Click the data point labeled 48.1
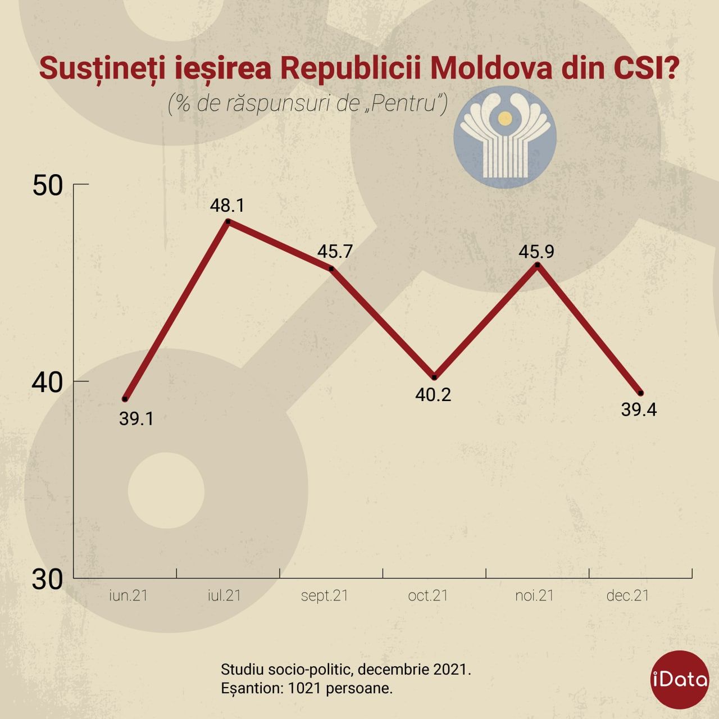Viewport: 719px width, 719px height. pyautogui.click(x=227, y=221)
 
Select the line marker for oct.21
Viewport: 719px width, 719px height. pyautogui.click(x=434, y=377)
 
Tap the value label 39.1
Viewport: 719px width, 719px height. pyautogui.click(x=136, y=418)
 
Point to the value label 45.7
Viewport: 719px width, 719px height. pyautogui.click(x=335, y=251)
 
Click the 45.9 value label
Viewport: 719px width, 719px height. pyautogui.click(x=536, y=251)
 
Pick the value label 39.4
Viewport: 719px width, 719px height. pyautogui.click(x=639, y=409)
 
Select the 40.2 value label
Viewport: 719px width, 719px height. pyautogui.click(x=433, y=395)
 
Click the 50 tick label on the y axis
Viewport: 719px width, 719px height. pyautogui.click(x=47, y=185)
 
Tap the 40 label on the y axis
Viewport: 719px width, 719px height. pyautogui.click(x=47, y=382)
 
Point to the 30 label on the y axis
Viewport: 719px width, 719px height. pyautogui.click(x=47, y=579)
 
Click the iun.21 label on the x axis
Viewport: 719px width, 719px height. pyautogui.click(x=128, y=595)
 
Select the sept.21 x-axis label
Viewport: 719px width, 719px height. pyautogui.click(x=325, y=595)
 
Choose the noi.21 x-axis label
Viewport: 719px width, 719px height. pyautogui.click(x=534, y=595)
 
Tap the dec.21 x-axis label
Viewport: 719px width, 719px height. pyautogui.click(x=627, y=595)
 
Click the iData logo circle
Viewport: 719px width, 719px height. pyautogui.click(x=680, y=679)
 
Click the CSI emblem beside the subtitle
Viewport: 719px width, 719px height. pyautogui.click(x=504, y=136)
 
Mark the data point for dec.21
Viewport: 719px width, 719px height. pyautogui.click(x=641, y=393)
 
